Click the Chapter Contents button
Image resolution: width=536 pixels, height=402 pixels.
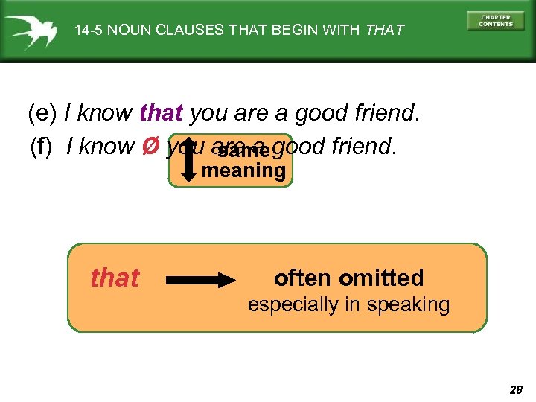[x=496, y=21]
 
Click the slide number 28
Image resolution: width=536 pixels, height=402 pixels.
[x=515, y=389]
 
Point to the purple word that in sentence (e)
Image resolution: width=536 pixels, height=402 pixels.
[x=161, y=114]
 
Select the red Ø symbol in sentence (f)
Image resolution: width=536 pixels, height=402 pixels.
[x=148, y=146]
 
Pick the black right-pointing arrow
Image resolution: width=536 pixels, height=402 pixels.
[x=201, y=280]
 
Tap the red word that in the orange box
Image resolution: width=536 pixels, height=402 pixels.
[x=115, y=278]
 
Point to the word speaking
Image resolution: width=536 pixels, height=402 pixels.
[x=410, y=304]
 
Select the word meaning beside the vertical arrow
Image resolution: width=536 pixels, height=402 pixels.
[x=243, y=171]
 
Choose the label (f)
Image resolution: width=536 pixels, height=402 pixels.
[x=42, y=147]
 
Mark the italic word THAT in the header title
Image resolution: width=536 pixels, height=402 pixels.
[x=384, y=31]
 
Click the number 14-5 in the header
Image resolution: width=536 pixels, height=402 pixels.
[x=90, y=31]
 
